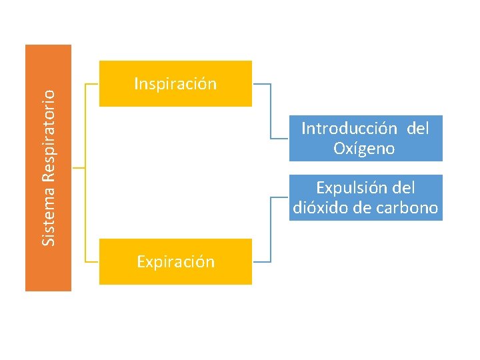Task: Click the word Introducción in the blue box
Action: point(340,128)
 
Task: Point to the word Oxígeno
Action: point(365,149)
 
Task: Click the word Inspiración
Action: point(175,84)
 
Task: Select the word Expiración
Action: point(175,262)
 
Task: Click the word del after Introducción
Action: point(417,128)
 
